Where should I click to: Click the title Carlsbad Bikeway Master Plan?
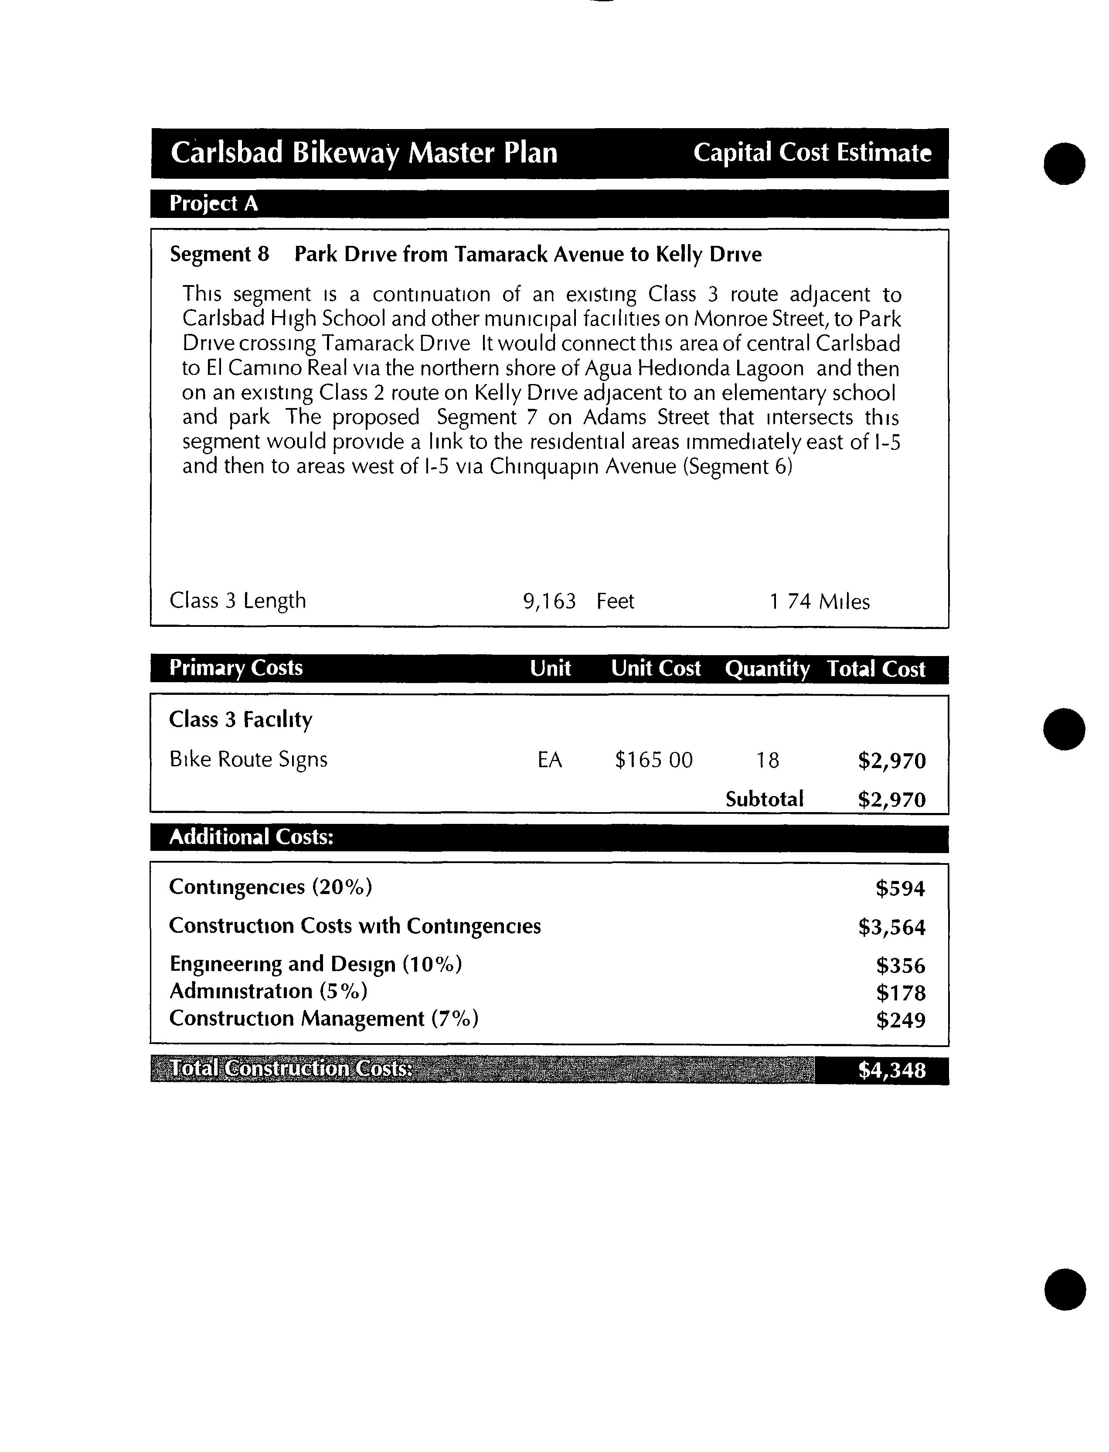(x=364, y=153)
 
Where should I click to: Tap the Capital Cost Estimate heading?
(x=812, y=153)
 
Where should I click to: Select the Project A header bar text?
(x=213, y=203)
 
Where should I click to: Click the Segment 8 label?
(x=219, y=254)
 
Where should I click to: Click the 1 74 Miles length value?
(x=819, y=601)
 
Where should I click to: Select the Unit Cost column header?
(x=656, y=669)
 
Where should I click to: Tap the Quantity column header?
(x=767, y=669)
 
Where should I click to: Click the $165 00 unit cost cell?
(x=653, y=760)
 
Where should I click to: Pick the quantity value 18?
(x=767, y=760)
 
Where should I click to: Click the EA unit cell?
(x=550, y=760)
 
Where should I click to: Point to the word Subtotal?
(x=765, y=799)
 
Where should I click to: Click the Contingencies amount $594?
(x=900, y=888)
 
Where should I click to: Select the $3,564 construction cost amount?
(x=892, y=927)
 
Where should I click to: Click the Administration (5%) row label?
(x=268, y=991)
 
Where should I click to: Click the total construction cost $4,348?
(x=892, y=1070)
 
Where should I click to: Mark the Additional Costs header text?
(x=251, y=837)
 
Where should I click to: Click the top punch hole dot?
(x=1064, y=163)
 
